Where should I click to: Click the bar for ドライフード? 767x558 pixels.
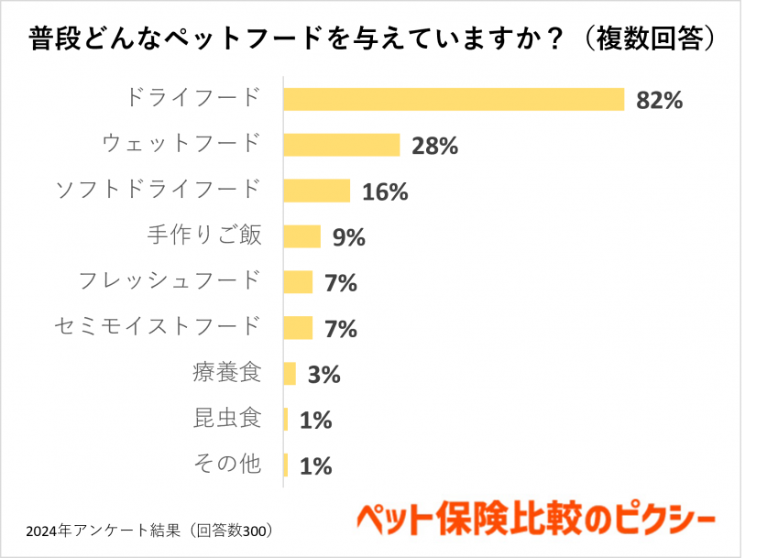454,99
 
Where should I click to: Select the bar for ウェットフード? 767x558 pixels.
342,145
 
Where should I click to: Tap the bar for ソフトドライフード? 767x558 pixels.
317,191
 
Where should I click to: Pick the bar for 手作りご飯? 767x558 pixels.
302,236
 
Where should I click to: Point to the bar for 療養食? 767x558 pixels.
290,374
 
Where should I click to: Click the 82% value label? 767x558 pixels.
660,100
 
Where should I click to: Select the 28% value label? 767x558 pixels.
435,146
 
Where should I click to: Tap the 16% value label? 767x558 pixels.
385,191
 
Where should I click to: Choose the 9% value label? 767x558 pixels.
349,237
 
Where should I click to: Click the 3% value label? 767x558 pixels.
323,375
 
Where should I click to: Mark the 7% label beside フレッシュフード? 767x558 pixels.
341,283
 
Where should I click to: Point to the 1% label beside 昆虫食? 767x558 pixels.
315,421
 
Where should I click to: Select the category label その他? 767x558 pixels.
228,464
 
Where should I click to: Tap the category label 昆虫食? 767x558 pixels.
228,418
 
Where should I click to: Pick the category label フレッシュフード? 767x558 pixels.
170,279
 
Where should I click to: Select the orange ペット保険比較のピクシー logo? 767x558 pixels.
535,520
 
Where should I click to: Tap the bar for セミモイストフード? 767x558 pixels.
299,328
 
